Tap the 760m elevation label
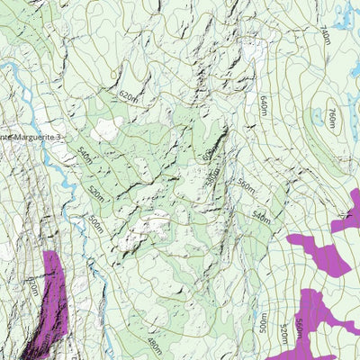(x=330, y=118)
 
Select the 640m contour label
(x=264, y=105)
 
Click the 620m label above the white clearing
(x=129, y=95)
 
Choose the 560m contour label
(x=246, y=185)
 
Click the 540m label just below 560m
(x=261, y=217)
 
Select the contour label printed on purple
(x=299, y=324)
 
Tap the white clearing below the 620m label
(x=110, y=128)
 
